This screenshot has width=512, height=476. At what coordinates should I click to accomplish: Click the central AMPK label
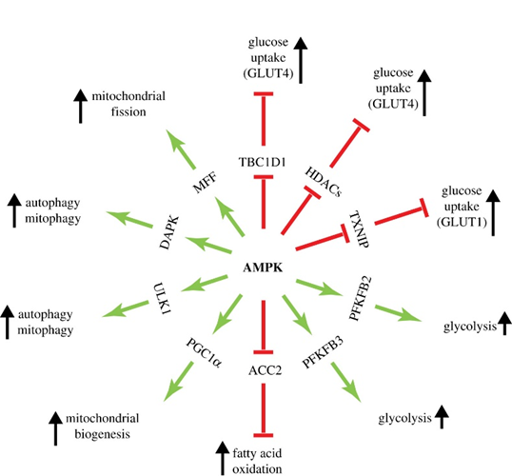(263, 268)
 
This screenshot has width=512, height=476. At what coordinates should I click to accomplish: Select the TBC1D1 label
(263, 162)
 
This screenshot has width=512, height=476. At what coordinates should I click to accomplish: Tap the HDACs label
(323, 182)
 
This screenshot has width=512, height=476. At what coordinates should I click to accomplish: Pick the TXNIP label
(359, 228)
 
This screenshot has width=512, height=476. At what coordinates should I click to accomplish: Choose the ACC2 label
(265, 370)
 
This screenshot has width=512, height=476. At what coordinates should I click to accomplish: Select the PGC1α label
(204, 353)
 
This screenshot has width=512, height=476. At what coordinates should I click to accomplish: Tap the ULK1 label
(163, 299)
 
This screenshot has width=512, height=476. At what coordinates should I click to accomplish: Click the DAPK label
(169, 232)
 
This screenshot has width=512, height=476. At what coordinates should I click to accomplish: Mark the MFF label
(205, 183)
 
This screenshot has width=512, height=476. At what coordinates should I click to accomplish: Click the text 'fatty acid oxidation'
(257, 461)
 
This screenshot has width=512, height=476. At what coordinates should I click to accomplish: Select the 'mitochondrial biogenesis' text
(102, 426)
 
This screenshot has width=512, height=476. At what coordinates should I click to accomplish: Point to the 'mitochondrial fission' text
(128, 104)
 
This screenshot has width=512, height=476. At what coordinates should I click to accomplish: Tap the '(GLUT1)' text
(462, 222)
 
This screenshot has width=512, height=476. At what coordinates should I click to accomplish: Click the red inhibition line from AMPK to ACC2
(264, 327)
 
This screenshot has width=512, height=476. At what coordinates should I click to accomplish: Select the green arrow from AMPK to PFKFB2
(320, 288)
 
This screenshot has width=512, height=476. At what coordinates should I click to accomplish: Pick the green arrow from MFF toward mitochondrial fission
(181, 149)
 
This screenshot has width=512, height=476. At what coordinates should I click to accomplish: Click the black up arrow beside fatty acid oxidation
(223, 458)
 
